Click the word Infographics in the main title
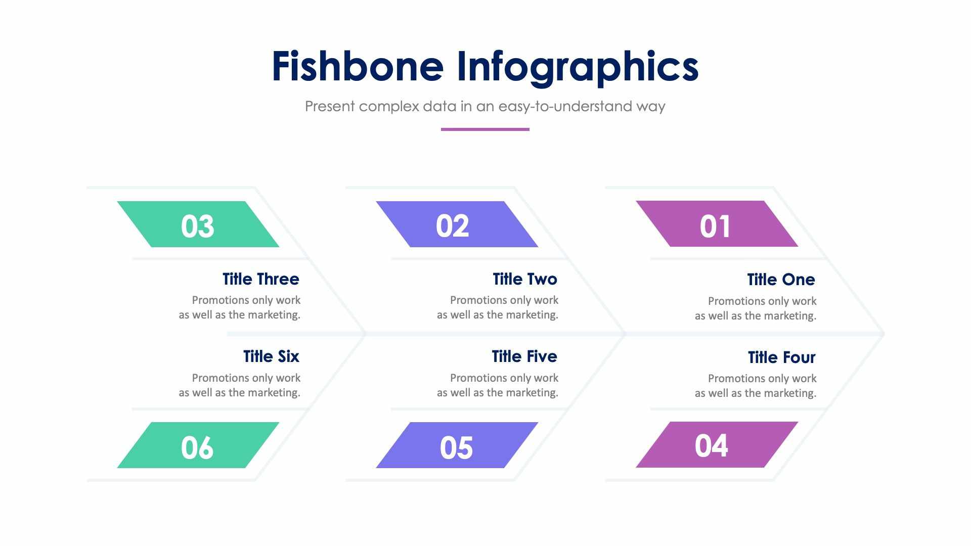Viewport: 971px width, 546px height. [x=577, y=67]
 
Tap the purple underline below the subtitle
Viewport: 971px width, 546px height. [x=485, y=129]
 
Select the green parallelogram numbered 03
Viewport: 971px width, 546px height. [x=198, y=224]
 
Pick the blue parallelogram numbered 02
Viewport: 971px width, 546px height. [x=457, y=224]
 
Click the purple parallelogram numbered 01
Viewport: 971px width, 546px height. [x=717, y=224]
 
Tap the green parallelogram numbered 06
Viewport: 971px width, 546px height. [x=198, y=445]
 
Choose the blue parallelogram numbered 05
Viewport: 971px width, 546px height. [x=457, y=445]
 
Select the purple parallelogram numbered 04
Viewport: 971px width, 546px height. [x=717, y=445]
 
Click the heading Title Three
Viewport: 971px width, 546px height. [x=261, y=279]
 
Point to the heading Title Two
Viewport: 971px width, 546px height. [x=525, y=279]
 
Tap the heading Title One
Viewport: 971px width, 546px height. [x=781, y=280]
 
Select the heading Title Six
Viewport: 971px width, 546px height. [x=271, y=356]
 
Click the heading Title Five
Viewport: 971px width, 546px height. [x=524, y=356]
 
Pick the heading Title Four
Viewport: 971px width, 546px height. [x=781, y=357]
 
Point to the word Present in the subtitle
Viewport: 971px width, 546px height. [x=330, y=107]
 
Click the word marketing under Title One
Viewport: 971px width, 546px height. [x=792, y=316]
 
